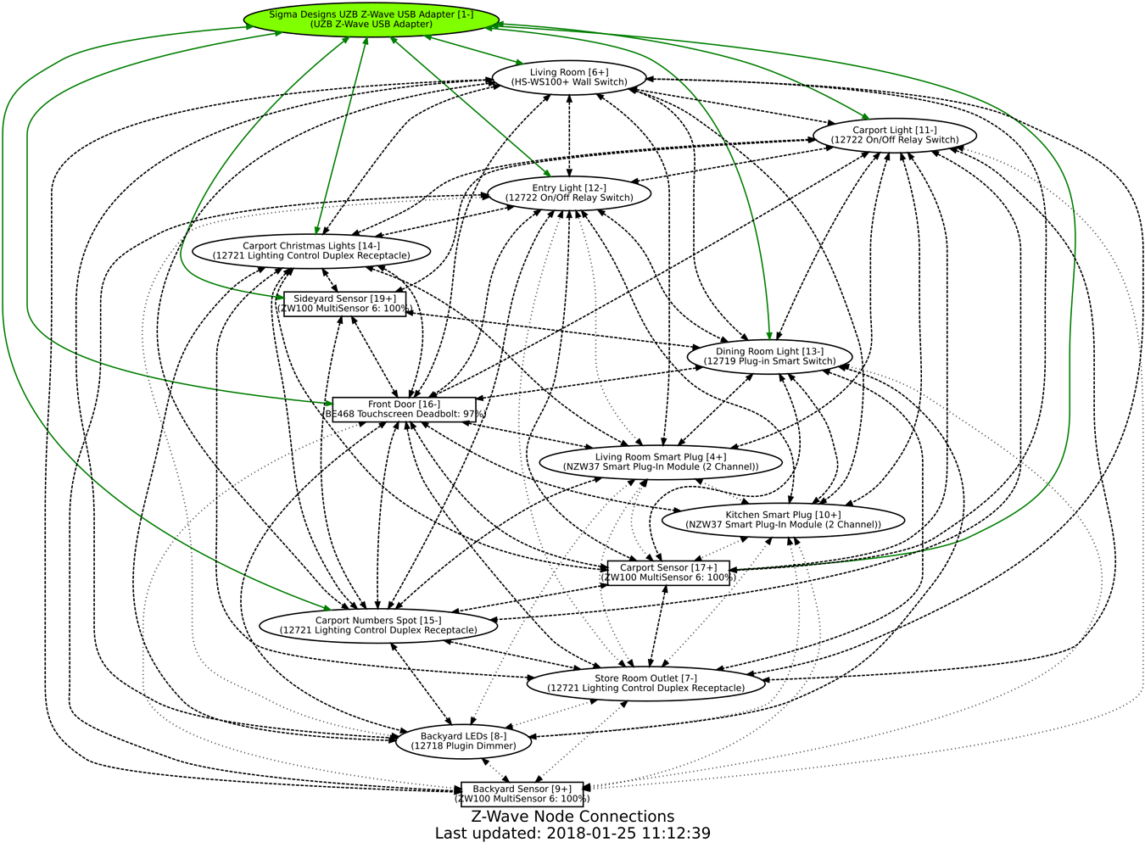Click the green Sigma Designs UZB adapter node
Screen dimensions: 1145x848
point(371,20)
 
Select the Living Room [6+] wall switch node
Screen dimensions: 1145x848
point(569,77)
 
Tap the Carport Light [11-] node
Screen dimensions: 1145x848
point(894,135)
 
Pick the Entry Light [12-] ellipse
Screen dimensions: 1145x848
point(569,193)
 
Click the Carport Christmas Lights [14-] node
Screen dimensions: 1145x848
point(311,251)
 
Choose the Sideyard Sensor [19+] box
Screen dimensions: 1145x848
point(344,304)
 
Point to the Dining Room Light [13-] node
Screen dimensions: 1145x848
point(769,357)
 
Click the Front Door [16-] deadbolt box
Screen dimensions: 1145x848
point(404,410)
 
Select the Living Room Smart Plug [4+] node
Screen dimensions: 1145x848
point(660,462)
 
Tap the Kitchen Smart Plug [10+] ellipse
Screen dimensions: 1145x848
point(783,520)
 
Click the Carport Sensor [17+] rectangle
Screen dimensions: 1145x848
point(668,573)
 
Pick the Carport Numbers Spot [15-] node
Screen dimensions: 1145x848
point(378,626)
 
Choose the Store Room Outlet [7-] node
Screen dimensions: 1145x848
point(645,683)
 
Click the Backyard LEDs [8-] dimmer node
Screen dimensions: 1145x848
point(463,741)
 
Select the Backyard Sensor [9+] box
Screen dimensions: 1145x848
point(522,794)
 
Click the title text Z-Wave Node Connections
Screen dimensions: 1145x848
point(572,817)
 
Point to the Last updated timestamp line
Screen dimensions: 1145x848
point(572,833)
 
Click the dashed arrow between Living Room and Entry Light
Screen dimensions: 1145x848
point(569,136)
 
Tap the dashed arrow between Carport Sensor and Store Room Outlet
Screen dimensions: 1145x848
point(657,626)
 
